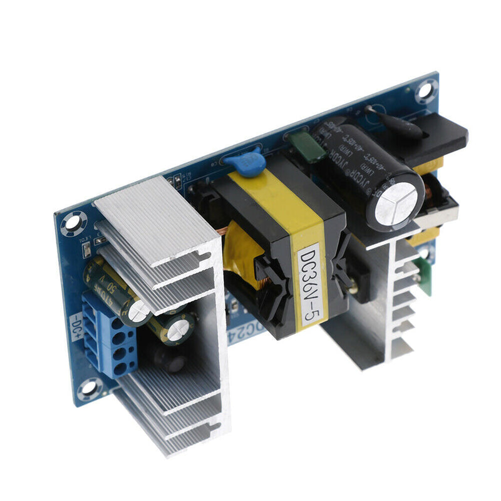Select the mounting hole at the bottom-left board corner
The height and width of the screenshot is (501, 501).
(89, 388)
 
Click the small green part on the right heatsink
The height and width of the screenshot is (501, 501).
(425, 276)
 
